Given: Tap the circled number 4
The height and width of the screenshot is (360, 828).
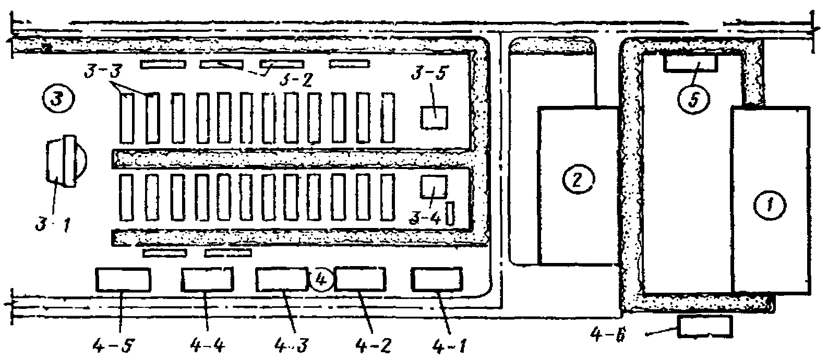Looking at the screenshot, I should [321, 281].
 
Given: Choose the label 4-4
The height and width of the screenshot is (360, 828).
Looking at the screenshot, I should [207, 345].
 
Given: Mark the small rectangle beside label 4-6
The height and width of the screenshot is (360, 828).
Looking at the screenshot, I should [704, 327].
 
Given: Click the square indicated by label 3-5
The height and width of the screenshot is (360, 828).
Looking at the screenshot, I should [434, 117].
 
